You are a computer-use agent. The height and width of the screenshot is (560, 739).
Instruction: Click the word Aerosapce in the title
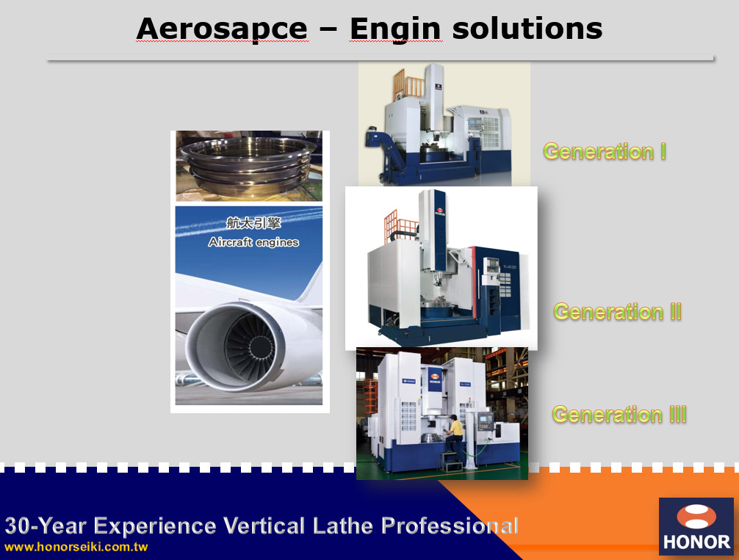222,29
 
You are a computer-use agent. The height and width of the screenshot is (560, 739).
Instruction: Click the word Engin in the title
395,30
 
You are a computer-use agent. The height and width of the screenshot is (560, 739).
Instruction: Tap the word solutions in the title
527,29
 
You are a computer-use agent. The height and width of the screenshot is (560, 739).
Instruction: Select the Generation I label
605,152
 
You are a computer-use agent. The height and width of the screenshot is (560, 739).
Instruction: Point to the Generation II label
617,312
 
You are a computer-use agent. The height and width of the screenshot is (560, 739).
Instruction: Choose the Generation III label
619,415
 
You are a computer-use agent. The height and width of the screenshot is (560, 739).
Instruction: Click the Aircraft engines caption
253,242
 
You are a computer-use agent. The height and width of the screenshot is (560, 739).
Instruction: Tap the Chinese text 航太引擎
253,223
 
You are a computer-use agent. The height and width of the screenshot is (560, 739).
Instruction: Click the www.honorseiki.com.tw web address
76,548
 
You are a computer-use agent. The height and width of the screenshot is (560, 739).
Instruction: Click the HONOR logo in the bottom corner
696,526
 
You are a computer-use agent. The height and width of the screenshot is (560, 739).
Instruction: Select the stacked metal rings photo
249,166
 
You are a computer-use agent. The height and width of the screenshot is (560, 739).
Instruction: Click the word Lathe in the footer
342,526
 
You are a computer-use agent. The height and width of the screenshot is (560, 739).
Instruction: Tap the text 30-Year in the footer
46,526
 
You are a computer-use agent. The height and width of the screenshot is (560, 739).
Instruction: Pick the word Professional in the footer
450,526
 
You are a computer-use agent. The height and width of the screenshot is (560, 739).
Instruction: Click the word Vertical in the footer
264,526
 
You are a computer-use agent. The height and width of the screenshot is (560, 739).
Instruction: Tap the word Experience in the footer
154,526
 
